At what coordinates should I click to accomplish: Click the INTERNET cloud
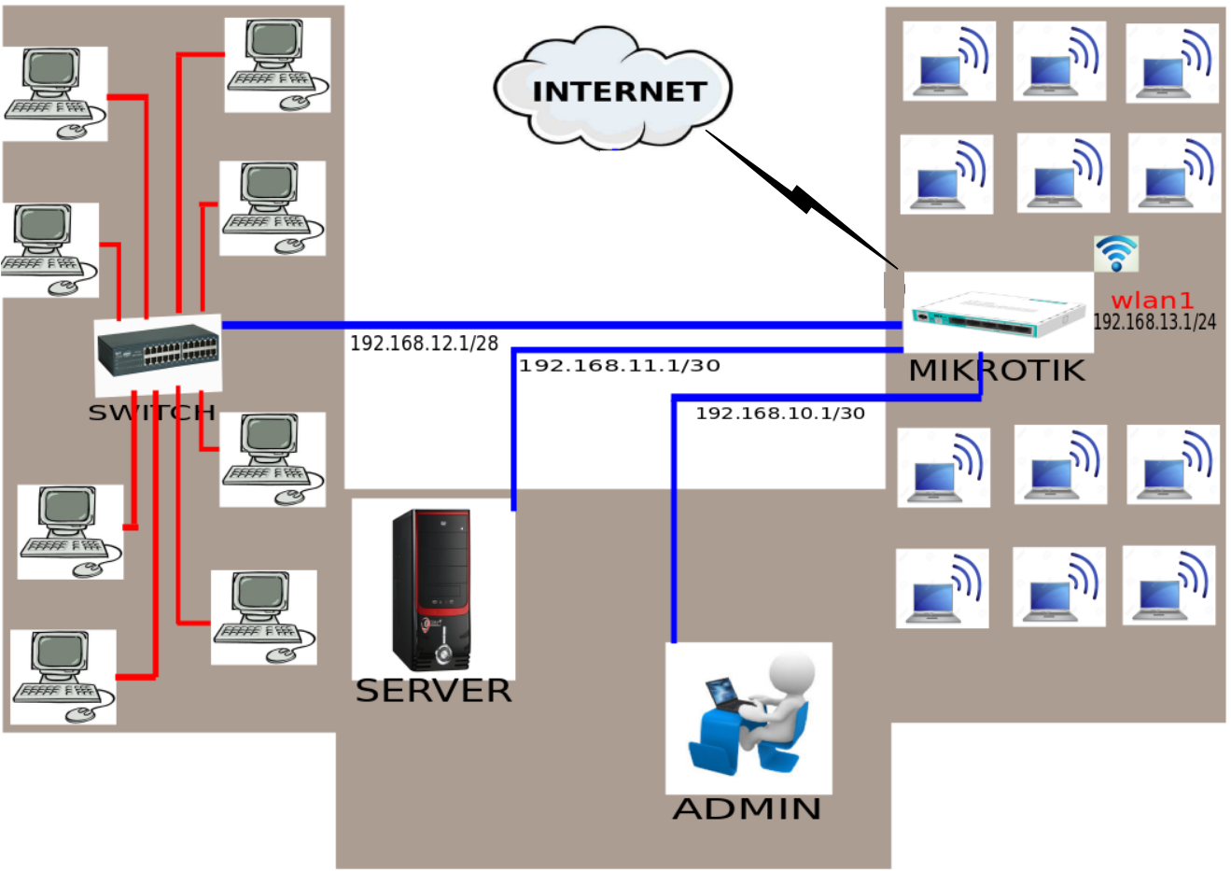(x=613, y=90)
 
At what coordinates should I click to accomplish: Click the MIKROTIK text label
(x=997, y=371)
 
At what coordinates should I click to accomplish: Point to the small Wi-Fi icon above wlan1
(x=1115, y=253)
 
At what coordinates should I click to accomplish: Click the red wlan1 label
(x=1152, y=301)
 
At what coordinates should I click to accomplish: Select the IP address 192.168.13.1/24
(x=1154, y=322)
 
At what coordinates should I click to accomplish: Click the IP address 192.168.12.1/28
(x=424, y=344)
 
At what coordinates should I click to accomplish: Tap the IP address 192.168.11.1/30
(x=620, y=366)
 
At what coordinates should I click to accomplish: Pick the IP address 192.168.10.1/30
(x=780, y=413)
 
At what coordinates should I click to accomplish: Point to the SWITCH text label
(x=151, y=413)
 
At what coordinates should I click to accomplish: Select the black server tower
(x=431, y=589)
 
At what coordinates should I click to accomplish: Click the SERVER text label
(x=433, y=691)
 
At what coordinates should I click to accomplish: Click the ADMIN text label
(x=747, y=808)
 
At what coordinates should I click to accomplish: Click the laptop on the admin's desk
(x=724, y=695)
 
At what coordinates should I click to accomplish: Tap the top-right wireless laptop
(x=1171, y=65)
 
